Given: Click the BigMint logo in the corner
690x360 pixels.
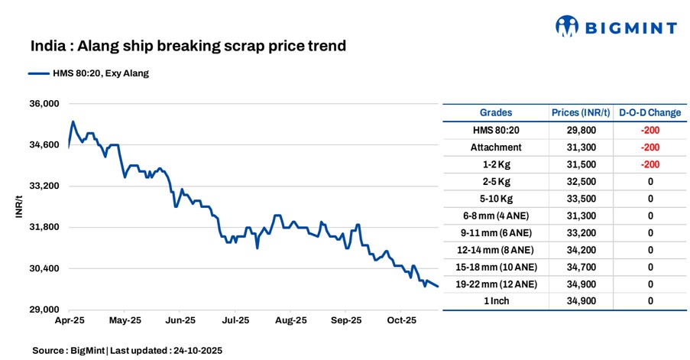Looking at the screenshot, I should tap(615, 28).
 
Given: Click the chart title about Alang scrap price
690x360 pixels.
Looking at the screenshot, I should tap(188, 47).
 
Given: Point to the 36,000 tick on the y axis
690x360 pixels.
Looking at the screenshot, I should tap(43, 104).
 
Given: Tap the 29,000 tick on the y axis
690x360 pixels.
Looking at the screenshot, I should tap(43, 310).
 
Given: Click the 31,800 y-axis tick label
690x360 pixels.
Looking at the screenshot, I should tap(43, 227).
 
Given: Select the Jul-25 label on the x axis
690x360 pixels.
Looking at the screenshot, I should tap(235, 321).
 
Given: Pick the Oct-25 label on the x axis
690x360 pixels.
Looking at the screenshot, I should tap(401, 321).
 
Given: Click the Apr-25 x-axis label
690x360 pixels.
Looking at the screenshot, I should tap(69, 321).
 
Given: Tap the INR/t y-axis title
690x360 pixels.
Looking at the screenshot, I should tap(19, 207).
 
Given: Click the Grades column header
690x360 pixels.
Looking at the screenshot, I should tap(496, 112).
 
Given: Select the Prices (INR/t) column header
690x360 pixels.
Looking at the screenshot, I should tap(581, 112).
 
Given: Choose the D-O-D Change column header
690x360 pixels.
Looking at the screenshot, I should tap(650, 112).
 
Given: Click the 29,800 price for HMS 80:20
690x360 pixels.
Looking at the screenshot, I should tap(581, 130).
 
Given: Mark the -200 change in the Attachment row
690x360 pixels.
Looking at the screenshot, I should tap(650, 147).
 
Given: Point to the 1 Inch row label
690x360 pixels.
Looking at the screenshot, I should tap(496, 301).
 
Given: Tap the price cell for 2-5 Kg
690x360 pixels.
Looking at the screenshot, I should tap(581, 181).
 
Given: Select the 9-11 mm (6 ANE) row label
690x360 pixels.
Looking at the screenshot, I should tap(496, 232).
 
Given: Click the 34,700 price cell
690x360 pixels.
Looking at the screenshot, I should tap(581, 267).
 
